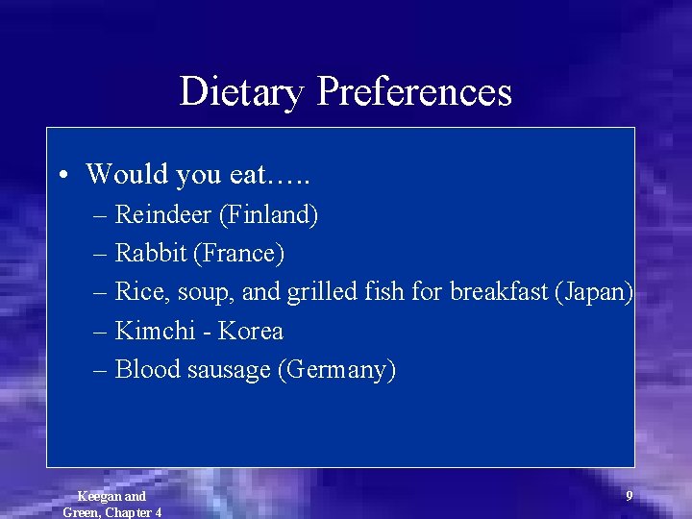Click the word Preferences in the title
point(414,92)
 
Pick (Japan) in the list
point(594,292)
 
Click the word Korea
point(251,331)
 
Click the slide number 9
point(630,496)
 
